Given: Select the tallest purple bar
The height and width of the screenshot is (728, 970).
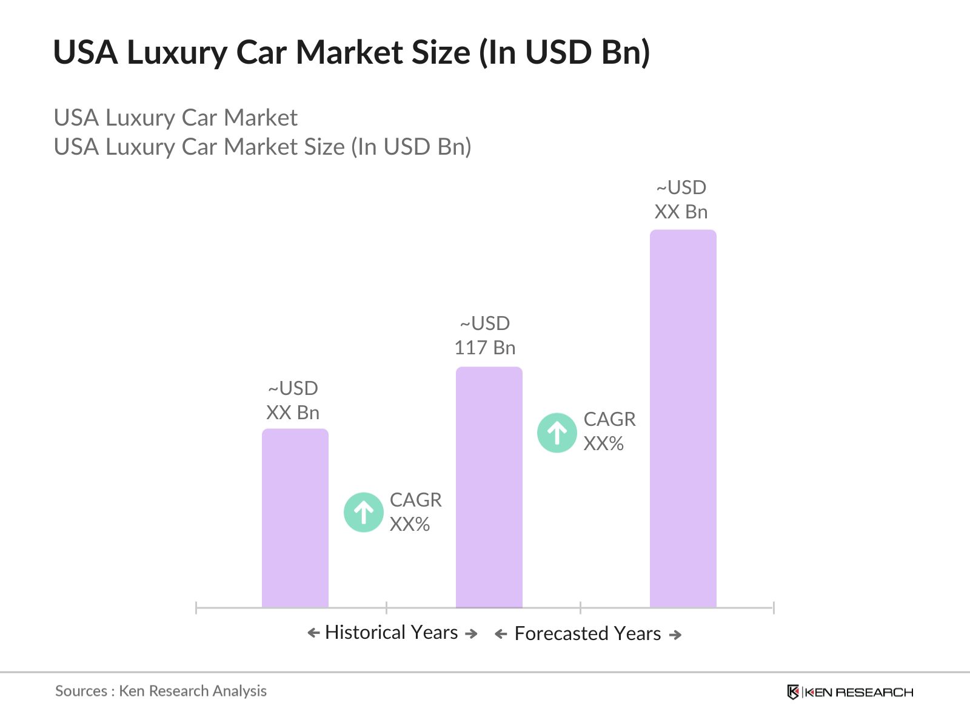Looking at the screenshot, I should coord(683,419).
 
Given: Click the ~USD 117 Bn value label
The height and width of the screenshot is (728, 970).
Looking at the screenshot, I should coord(485,335).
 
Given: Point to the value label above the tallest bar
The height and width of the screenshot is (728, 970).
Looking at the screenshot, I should coord(681,200).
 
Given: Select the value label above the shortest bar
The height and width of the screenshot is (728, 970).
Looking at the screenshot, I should coord(293,400).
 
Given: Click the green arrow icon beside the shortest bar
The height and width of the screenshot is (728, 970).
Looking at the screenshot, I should coord(364,513).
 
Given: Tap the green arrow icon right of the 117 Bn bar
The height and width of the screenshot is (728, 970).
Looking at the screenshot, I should coord(557,433).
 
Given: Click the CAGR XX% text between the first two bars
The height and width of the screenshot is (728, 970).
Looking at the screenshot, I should coord(415,512).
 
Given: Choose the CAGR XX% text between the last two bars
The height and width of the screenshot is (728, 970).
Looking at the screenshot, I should coord(609,431).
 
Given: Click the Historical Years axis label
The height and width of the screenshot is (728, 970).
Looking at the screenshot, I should coord(392,632).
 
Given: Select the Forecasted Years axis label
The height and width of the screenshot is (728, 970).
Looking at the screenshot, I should coord(587,633).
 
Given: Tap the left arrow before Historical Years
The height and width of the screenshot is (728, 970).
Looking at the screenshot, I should coord(313,633).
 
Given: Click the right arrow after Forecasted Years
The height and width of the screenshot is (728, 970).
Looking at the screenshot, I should coord(675,635).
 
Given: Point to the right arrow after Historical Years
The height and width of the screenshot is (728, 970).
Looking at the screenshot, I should coord(471,633).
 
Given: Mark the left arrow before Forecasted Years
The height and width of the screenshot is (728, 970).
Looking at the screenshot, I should coord(501,635).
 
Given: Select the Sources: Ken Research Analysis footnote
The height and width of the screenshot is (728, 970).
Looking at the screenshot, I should coord(161,691).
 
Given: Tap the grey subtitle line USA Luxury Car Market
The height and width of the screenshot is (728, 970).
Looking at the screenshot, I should coord(175,118).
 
